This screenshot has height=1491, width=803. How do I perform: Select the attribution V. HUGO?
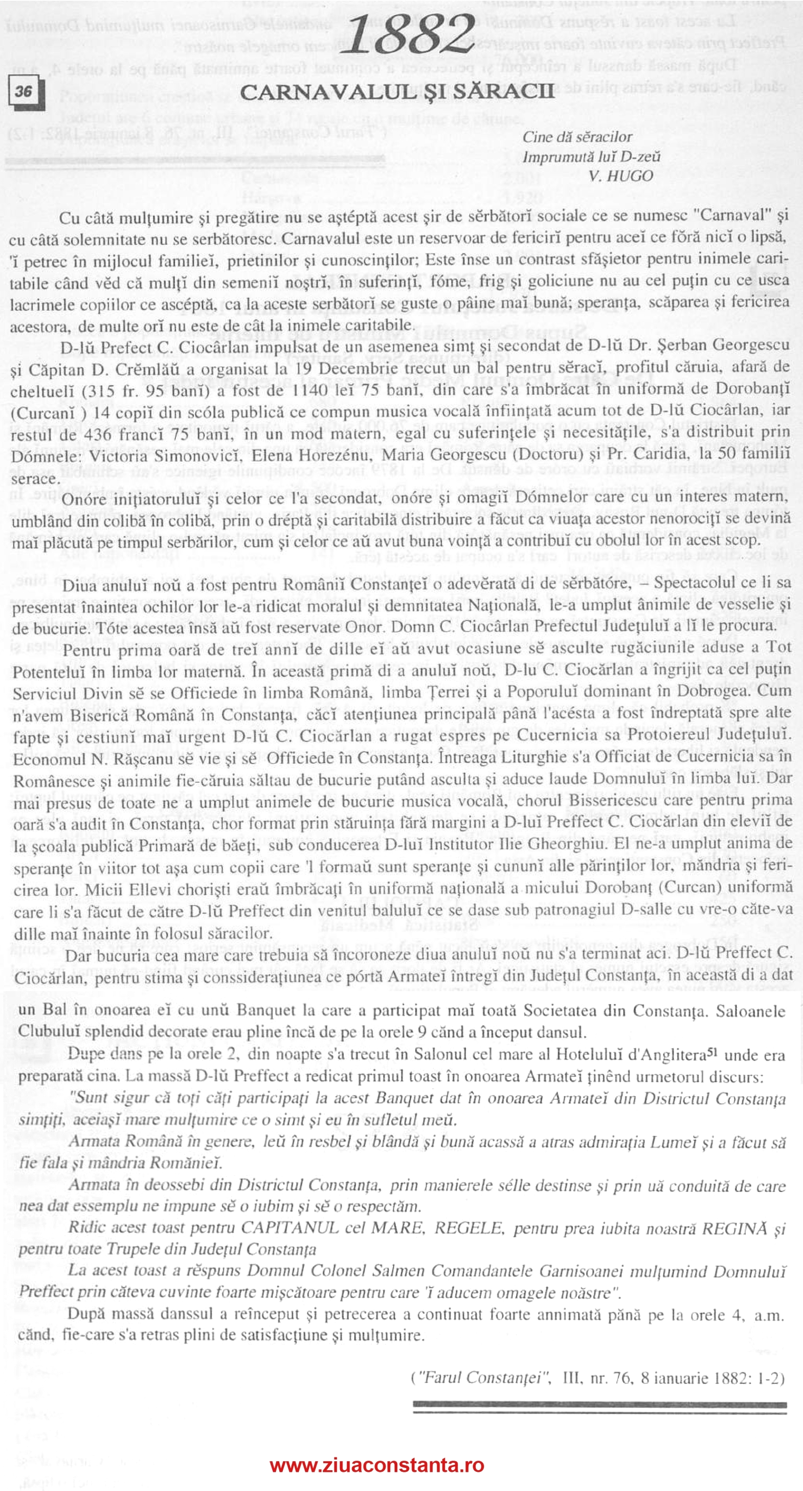tap(621, 176)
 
